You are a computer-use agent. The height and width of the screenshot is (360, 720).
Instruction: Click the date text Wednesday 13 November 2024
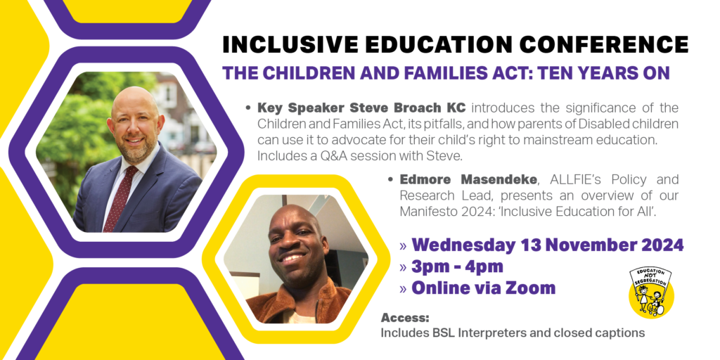click(547, 245)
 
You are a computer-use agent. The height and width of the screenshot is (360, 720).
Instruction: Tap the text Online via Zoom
click(483, 288)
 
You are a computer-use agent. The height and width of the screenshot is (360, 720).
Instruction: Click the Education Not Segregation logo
click(651, 292)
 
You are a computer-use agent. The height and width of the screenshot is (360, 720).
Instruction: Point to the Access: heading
click(404, 318)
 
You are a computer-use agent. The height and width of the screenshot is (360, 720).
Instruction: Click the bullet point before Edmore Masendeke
click(391, 180)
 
